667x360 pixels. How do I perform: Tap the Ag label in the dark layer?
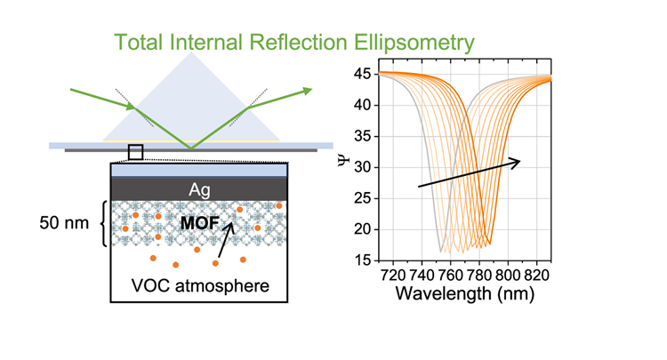(199, 188)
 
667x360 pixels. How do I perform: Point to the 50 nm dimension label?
(65, 222)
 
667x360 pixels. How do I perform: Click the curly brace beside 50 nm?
(103, 222)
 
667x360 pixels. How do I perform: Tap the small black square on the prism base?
(135, 151)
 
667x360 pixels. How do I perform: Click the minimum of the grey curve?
(439, 251)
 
